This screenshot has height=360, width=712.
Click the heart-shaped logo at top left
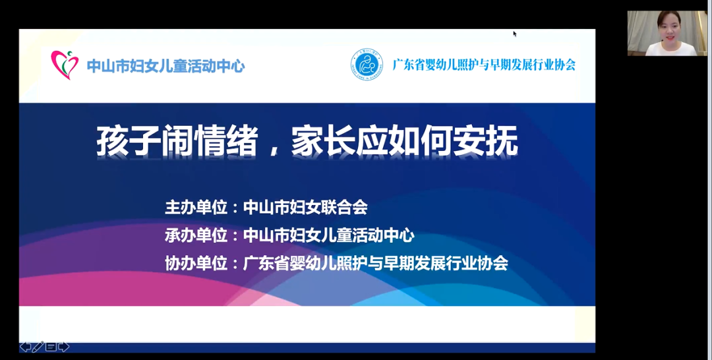tap(65, 65)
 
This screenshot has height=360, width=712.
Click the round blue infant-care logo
tap(367, 65)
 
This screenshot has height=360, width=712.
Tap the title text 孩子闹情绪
tap(177, 141)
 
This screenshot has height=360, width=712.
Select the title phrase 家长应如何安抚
tap(405, 141)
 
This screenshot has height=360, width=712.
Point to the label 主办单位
tap(196, 208)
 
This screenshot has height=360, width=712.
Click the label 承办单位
tap(196, 235)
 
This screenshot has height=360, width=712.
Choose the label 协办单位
tap(196, 263)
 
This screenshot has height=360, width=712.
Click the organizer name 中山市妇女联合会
tap(305, 208)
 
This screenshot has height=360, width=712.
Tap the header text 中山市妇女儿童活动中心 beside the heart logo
tap(165, 67)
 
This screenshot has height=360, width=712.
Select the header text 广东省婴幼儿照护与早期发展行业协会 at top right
tap(484, 65)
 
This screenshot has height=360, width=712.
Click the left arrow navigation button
tap(26, 347)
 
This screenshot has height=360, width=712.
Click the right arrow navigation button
tap(64, 347)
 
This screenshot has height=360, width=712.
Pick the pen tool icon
tap(38, 347)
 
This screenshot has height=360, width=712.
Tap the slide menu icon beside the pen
tap(51, 347)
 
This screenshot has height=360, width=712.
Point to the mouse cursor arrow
tap(515, 34)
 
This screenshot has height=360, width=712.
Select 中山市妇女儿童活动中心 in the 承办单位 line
tap(329, 235)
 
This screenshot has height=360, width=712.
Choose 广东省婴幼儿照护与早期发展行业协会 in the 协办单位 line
tap(376, 263)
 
